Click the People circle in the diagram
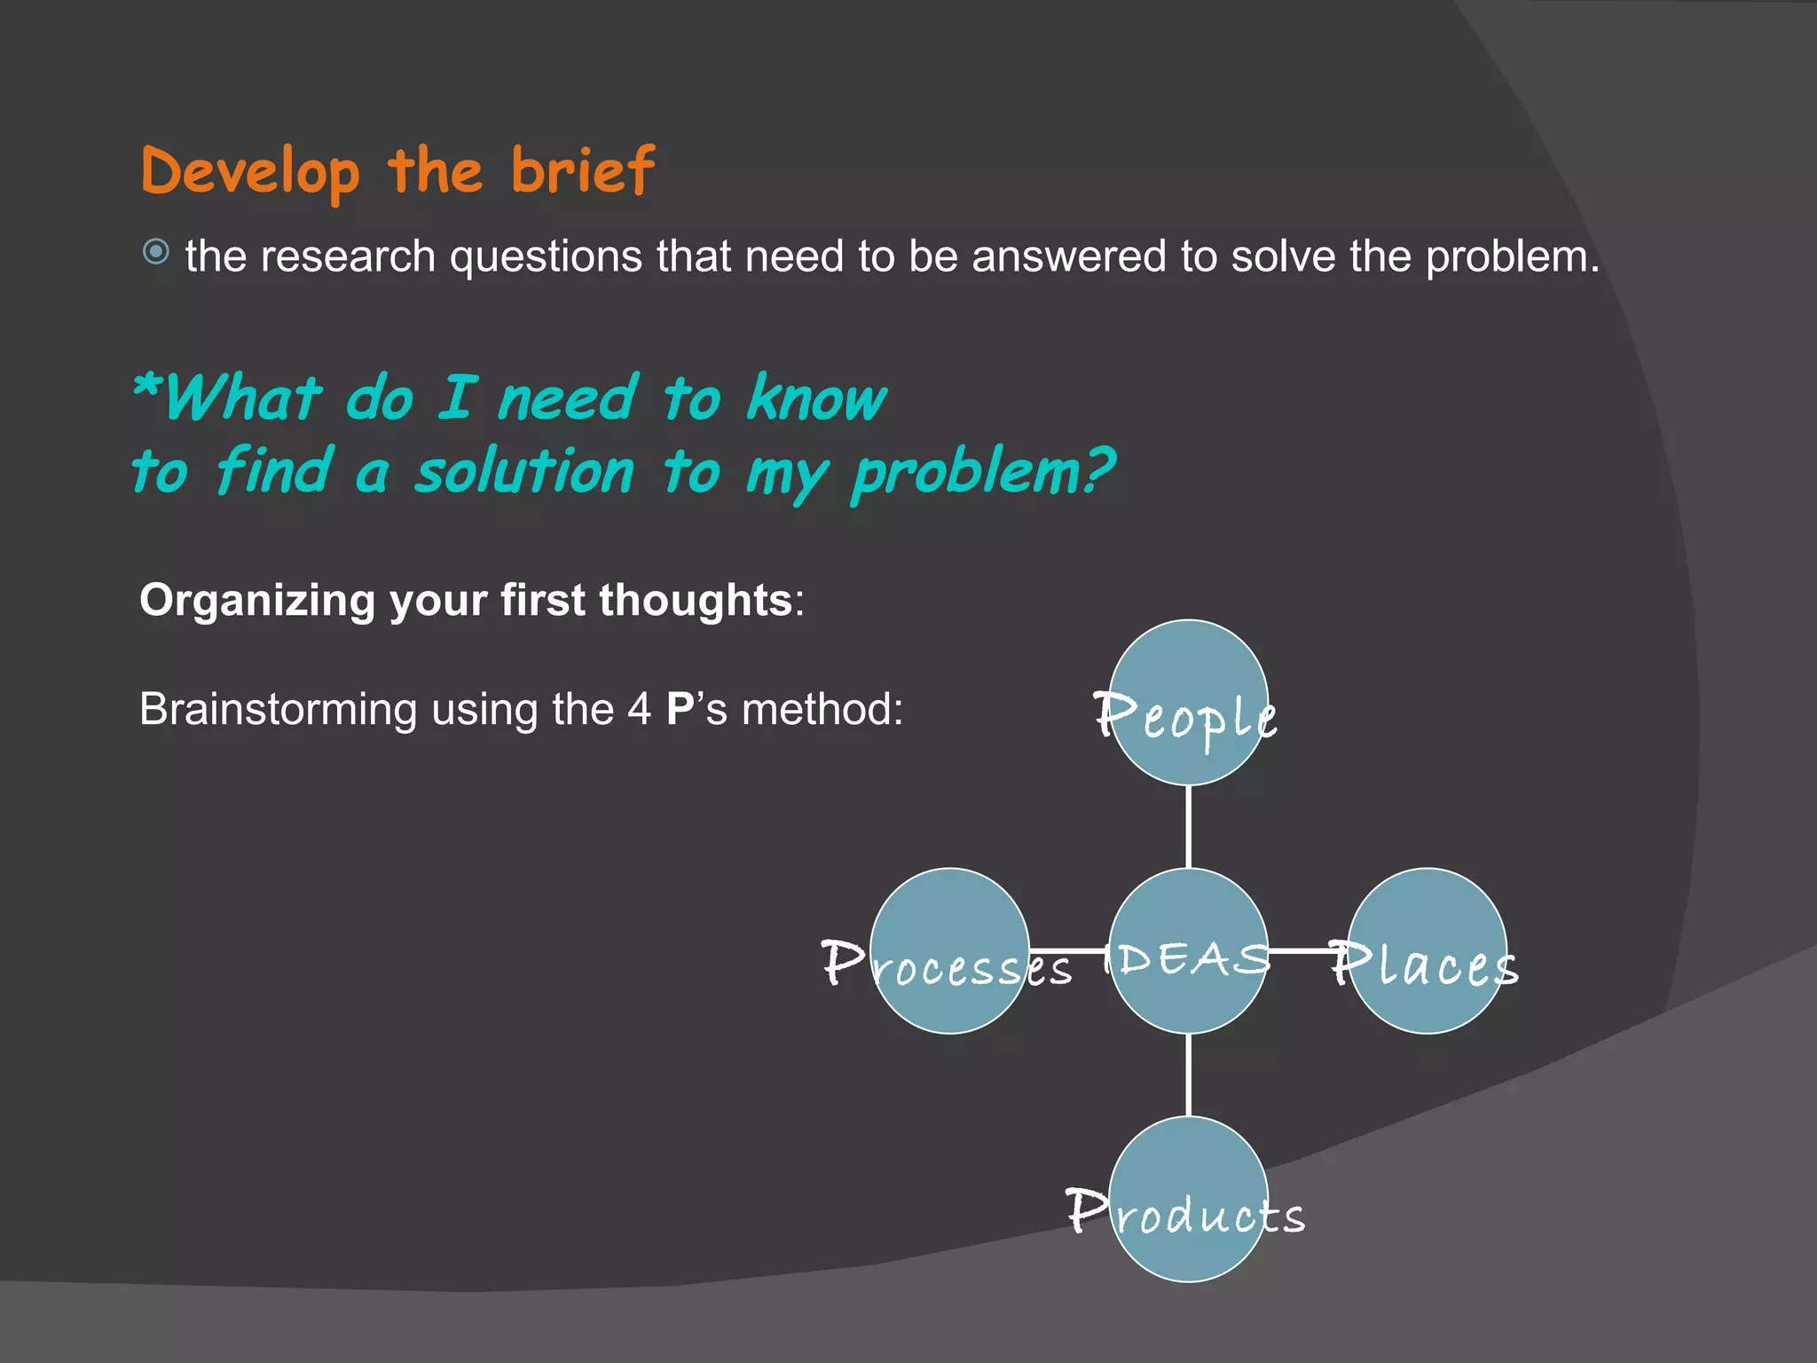1188,702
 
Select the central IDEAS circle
1188,950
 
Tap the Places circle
1427,950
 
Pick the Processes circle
949,950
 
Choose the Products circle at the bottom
1188,1199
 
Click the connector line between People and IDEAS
1188,826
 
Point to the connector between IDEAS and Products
1188,1075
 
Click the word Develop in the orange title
250,172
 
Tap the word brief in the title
583,170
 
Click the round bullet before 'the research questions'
156,253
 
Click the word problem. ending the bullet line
1512,257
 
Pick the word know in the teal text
816,398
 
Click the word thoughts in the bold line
695,600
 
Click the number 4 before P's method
639,710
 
